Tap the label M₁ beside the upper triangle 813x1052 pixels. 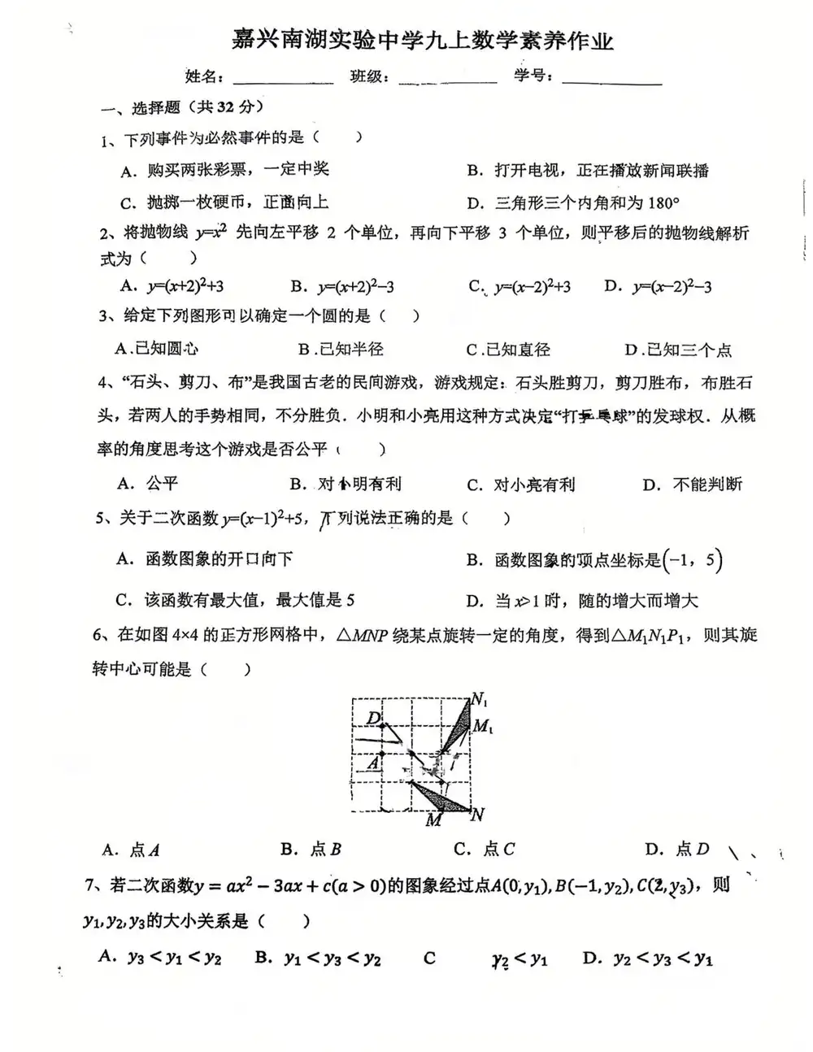482,726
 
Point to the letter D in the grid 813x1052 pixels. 374,718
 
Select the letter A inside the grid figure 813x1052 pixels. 373,764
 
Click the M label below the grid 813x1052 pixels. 434,820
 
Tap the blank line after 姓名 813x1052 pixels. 283,80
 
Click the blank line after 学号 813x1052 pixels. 611,80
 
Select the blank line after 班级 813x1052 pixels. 448,80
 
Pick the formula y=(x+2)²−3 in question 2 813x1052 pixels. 355,286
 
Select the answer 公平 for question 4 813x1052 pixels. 162,484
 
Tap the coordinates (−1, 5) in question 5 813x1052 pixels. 693,559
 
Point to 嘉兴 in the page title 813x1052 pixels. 252,38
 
